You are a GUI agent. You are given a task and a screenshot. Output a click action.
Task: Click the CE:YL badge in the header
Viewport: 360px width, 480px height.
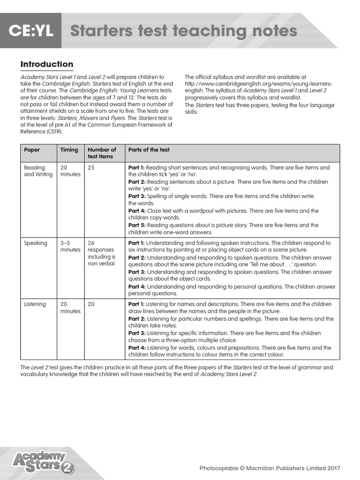pos(30,31)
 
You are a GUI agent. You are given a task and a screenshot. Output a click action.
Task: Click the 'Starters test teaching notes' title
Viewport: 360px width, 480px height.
pos(183,31)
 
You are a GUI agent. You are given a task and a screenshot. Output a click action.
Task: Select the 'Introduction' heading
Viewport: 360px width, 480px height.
pos(47,64)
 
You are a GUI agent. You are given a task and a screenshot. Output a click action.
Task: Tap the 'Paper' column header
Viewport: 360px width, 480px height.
pos(32,150)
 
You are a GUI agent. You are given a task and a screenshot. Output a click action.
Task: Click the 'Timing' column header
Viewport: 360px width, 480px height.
pos(69,150)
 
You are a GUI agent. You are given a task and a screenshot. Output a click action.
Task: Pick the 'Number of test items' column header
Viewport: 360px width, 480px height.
pos(102,153)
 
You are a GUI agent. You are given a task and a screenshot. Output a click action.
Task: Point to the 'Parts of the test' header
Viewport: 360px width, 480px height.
pos(149,150)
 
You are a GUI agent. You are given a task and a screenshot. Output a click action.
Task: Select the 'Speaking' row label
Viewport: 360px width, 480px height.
pos(36,243)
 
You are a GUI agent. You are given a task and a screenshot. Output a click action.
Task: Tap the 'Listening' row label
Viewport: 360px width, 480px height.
pos(35,304)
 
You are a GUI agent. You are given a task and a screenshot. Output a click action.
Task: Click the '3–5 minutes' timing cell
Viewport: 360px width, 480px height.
pos(70,247)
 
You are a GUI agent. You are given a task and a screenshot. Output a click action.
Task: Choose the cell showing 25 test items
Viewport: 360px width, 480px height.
pos(91,168)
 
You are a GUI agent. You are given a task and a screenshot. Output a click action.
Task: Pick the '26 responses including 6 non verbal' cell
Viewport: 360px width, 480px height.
pos(101,253)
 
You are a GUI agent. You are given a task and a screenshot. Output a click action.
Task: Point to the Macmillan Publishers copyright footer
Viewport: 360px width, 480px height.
pos(270,468)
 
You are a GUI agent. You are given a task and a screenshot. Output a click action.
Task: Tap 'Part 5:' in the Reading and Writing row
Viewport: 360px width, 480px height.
pos(137,225)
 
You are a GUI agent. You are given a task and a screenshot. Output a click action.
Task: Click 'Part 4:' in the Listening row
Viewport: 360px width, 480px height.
pos(137,348)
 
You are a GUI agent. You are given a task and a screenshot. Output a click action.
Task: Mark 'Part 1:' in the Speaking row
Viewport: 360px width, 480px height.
pos(137,243)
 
